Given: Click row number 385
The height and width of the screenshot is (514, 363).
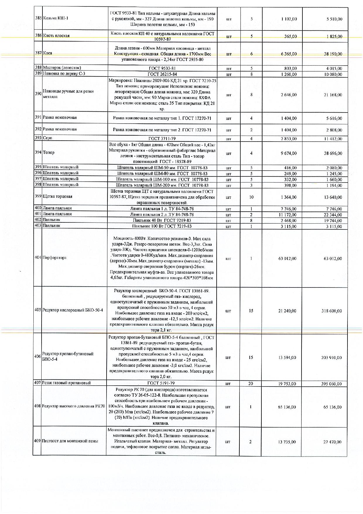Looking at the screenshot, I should point(38,18).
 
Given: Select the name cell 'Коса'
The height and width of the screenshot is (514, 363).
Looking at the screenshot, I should point(47,53).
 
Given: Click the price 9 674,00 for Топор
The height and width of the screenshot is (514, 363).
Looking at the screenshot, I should point(288,153).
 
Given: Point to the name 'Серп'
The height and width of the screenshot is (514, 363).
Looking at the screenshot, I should point(47,138).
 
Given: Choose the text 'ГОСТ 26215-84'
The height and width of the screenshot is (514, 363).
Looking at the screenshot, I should point(162,74).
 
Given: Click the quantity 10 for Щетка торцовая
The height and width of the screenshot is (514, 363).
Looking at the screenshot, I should point(251,197).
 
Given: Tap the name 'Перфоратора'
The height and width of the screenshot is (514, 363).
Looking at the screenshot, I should point(54,258).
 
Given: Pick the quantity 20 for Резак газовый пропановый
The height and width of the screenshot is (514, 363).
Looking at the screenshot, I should point(251,384).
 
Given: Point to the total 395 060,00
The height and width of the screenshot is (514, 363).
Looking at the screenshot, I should point(331,384).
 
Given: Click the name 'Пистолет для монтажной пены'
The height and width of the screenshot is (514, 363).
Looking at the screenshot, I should point(70,441).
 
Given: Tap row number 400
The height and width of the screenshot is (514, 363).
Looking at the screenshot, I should point(38,208).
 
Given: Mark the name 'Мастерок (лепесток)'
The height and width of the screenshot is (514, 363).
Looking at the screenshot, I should point(62,68).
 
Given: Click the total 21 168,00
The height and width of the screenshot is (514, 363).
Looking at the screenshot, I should point(332,95).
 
